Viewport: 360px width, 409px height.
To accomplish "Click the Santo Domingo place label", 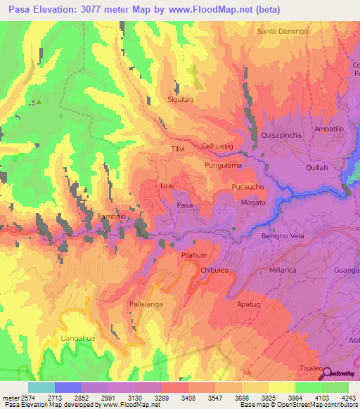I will pyautogui.click(x=283, y=32).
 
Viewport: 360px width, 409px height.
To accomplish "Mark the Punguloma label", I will pyautogui.click(x=223, y=166).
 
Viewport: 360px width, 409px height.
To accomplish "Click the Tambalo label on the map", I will pyautogui.click(x=111, y=216).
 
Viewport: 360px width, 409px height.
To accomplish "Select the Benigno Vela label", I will pyautogui.click(x=283, y=236).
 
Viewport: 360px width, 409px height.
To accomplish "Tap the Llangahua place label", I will pyautogui.click(x=78, y=338).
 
